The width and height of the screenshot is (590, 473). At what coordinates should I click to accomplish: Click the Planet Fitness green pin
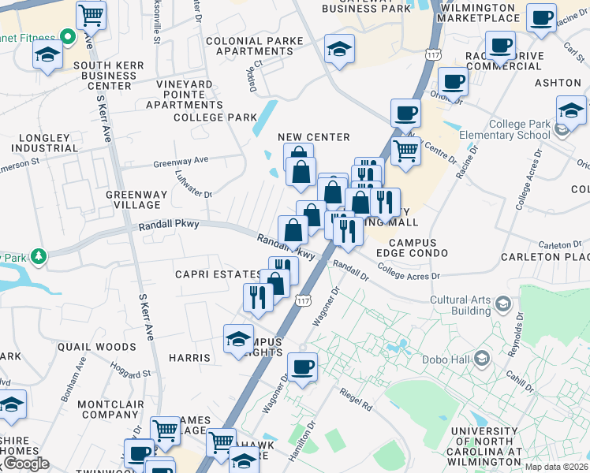(x=69, y=36)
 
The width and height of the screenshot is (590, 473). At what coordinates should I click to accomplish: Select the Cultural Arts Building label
(x=461, y=305)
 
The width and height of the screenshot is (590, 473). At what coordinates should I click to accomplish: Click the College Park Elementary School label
(x=520, y=130)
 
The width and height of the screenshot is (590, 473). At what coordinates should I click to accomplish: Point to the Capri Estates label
(x=218, y=274)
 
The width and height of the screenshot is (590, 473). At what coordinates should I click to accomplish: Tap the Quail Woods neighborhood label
(x=97, y=346)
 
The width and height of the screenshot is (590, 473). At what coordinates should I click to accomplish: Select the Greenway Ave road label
(x=181, y=161)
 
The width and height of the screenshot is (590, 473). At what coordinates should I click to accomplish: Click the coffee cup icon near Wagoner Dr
(x=302, y=366)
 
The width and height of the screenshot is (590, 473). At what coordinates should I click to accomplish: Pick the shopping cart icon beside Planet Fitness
(x=91, y=14)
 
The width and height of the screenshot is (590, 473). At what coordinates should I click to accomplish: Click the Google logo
(x=25, y=464)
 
